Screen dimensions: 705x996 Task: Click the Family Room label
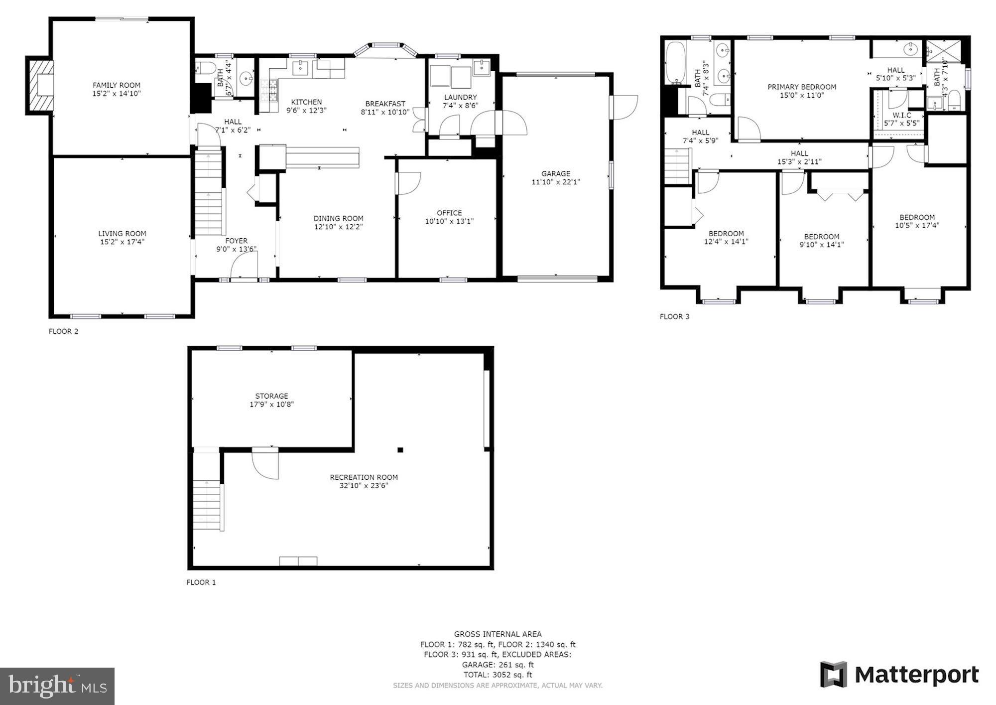(x=117, y=85)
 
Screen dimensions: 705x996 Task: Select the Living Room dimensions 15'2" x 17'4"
(x=122, y=242)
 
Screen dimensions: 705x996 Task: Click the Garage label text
(x=556, y=173)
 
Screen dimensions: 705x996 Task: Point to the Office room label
(x=449, y=213)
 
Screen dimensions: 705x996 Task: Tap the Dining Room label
(x=338, y=218)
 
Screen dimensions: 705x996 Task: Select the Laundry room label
(x=460, y=97)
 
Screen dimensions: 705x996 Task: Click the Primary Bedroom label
(x=802, y=87)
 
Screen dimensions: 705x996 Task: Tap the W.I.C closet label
(x=902, y=115)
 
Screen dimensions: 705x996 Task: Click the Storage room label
(x=271, y=396)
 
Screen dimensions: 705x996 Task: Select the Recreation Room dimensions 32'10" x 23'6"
(x=364, y=486)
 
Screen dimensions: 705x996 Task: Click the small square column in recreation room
(x=400, y=450)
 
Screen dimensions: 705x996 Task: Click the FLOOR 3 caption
(x=674, y=316)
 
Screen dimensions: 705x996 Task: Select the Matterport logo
(x=899, y=675)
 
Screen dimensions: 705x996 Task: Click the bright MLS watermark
(x=57, y=686)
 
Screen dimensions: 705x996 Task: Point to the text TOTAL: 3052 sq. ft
(x=498, y=675)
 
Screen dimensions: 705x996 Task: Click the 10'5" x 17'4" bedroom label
(x=917, y=225)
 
